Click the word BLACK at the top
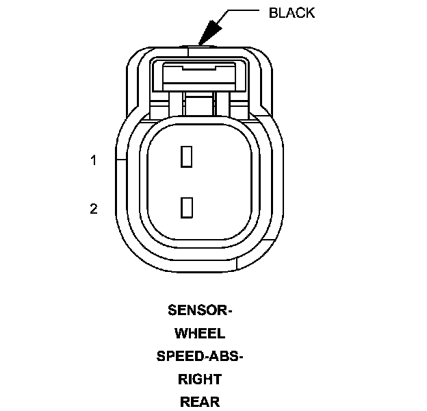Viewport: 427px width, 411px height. (x=292, y=13)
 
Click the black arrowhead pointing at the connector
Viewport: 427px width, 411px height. (x=207, y=32)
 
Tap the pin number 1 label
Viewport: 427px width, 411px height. (x=94, y=161)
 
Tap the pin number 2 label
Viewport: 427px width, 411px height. (x=94, y=209)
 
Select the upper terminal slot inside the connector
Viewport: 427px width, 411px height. (x=185, y=157)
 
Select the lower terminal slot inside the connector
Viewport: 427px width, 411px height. (x=185, y=207)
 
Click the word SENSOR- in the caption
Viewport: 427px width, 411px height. (x=200, y=310)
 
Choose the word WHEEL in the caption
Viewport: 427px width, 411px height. (x=200, y=334)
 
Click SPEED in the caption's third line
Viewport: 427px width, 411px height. (x=180, y=356)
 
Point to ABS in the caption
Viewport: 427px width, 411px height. (x=225, y=356)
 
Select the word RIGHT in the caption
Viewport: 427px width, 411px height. (x=200, y=379)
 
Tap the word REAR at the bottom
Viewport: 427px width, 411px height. (x=200, y=401)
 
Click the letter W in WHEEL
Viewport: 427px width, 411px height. (x=181, y=334)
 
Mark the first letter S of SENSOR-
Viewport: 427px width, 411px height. (x=172, y=310)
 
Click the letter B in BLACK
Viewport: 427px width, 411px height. (x=274, y=13)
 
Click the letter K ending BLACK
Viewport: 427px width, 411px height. (x=311, y=13)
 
